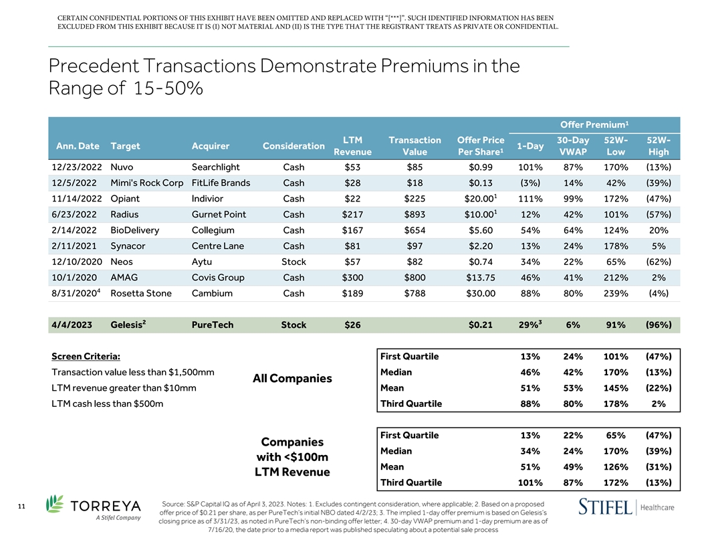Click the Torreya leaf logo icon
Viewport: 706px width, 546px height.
click(55, 507)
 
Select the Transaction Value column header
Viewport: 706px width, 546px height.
click(415, 146)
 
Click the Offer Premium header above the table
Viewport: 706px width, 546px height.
click(588, 124)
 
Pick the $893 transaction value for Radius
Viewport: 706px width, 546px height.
click(415, 215)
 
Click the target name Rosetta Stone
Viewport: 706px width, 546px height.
click(140, 294)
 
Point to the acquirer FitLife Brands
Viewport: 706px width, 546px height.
click(221, 183)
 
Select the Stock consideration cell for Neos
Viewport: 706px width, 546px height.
click(293, 262)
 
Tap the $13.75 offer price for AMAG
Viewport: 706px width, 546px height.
click(481, 278)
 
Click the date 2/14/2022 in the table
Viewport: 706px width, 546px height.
click(76, 231)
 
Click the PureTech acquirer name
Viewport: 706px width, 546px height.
click(213, 325)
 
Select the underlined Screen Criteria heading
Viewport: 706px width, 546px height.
click(86, 356)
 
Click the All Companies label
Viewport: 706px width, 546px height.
click(291, 379)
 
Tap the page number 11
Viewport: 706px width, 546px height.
click(22, 507)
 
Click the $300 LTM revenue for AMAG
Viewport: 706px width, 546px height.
click(352, 278)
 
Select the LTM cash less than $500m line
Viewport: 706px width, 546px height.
click(107, 404)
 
